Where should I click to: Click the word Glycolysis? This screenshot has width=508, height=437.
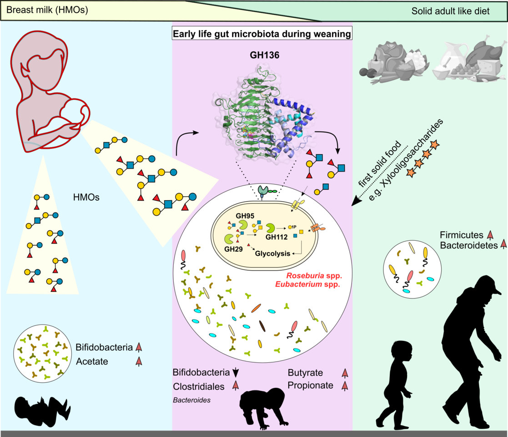coord(273,253)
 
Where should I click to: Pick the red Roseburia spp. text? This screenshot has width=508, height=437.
coord(313,276)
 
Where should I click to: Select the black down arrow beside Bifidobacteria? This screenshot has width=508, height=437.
coord(235,373)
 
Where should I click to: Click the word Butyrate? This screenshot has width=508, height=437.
coord(305,373)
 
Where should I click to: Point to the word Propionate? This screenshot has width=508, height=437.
coord(311,386)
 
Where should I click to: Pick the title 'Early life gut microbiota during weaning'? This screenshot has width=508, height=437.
coord(262,34)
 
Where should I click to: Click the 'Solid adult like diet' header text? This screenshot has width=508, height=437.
coord(450,11)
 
